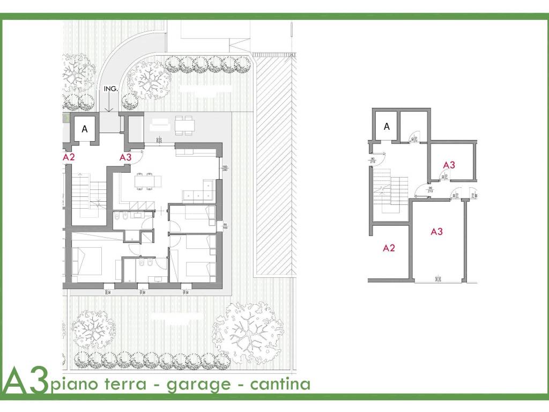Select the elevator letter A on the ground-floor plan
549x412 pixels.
(84, 129)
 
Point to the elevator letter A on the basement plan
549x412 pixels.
(387, 127)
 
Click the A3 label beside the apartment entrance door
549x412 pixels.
(125, 157)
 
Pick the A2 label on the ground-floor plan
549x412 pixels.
(69, 158)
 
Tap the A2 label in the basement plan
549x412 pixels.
(389, 248)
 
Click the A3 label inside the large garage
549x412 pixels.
(437, 232)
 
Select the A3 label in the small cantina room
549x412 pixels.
(449, 165)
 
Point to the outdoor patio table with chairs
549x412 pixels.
(183, 124)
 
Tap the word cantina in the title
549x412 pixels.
(283, 384)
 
